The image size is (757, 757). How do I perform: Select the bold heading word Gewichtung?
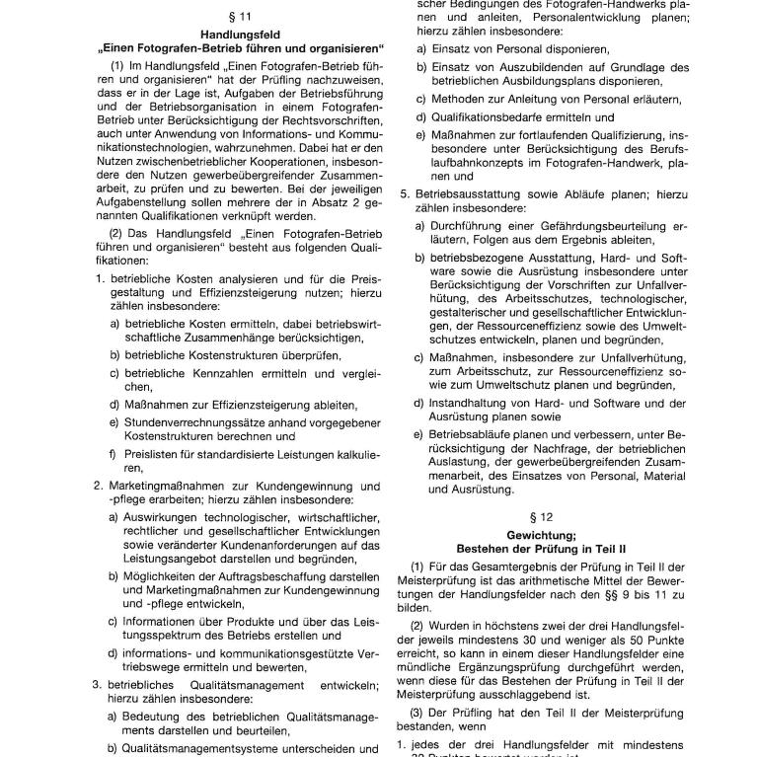pyautogui.click(x=539, y=533)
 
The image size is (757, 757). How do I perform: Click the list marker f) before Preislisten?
pyautogui.click(x=114, y=454)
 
